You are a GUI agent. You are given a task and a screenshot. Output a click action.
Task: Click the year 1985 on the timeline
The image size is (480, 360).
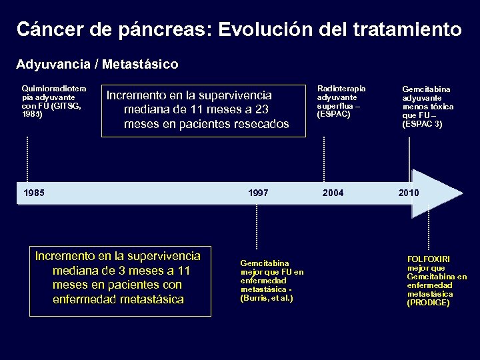pyautogui.click(x=34, y=193)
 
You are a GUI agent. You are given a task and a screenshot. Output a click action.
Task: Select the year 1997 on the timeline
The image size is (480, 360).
pyautogui.click(x=258, y=193)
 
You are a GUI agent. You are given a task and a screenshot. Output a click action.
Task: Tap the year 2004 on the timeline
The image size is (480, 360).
pyautogui.click(x=333, y=193)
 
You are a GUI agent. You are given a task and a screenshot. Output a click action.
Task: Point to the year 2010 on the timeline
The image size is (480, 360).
pyautogui.click(x=409, y=193)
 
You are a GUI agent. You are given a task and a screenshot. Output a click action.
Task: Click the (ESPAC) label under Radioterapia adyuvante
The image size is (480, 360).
pyautogui.click(x=334, y=114)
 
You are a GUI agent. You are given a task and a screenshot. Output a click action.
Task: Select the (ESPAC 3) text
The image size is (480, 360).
pyautogui.click(x=422, y=123)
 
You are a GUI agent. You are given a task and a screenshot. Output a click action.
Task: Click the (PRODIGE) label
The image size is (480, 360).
pyautogui.click(x=428, y=303)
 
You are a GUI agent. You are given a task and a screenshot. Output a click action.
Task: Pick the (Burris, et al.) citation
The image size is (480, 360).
pyautogui.click(x=266, y=297)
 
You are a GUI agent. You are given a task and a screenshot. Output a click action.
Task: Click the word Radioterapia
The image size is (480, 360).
pyautogui.click(x=341, y=88)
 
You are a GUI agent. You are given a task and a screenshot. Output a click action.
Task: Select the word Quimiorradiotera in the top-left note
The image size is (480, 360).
pyautogui.click(x=54, y=88)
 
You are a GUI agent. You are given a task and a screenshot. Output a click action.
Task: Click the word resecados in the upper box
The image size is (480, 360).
pyautogui.click(x=259, y=124)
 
